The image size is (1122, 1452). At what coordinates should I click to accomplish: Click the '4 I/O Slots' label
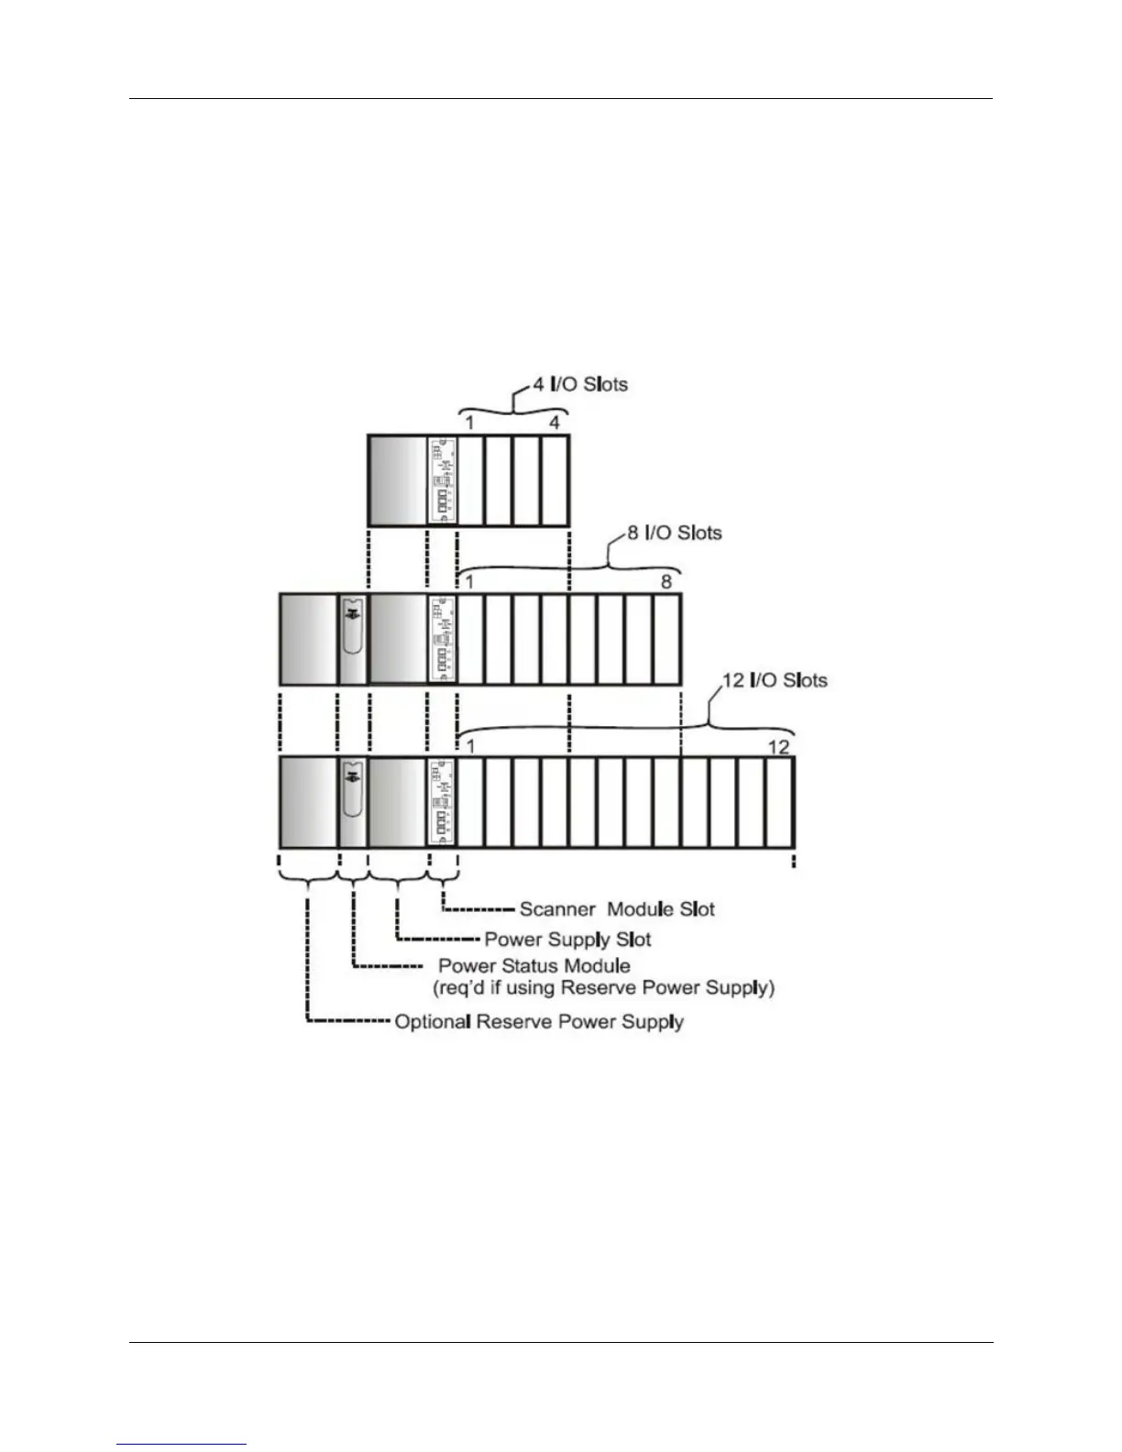tap(581, 384)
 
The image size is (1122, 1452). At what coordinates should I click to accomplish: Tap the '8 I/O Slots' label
tap(675, 533)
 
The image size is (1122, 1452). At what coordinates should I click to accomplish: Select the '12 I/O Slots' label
tap(775, 680)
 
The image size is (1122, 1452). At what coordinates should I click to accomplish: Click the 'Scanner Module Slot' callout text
tap(616, 909)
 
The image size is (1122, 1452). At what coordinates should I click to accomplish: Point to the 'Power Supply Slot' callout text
tap(567, 939)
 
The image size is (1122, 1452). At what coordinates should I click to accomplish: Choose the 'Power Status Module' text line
tap(533, 965)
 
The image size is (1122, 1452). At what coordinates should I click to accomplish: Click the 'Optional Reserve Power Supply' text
tap(539, 1021)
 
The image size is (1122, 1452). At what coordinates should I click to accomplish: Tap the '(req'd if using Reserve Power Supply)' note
tap(603, 987)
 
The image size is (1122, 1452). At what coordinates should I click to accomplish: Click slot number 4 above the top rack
tap(555, 423)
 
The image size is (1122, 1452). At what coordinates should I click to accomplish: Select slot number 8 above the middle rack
tap(666, 581)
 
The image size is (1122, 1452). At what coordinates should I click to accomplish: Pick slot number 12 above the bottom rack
tap(777, 746)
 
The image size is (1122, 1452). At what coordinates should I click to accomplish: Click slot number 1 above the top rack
tap(469, 423)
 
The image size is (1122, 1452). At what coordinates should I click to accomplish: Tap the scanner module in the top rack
tap(443, 480)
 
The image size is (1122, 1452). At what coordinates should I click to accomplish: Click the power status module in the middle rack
tap(353, 639)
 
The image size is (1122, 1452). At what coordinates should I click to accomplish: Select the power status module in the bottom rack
tap(353, 802)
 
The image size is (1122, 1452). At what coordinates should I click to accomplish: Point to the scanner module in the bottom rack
tap(443, 802)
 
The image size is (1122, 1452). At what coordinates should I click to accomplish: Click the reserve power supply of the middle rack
tap(308, 639)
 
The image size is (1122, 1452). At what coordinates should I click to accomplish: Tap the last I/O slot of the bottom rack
tap(779, 802)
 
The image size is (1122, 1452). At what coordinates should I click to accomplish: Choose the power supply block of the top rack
tap(398, 480)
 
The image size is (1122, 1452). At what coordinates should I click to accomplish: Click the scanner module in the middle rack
tap(443, 639)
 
